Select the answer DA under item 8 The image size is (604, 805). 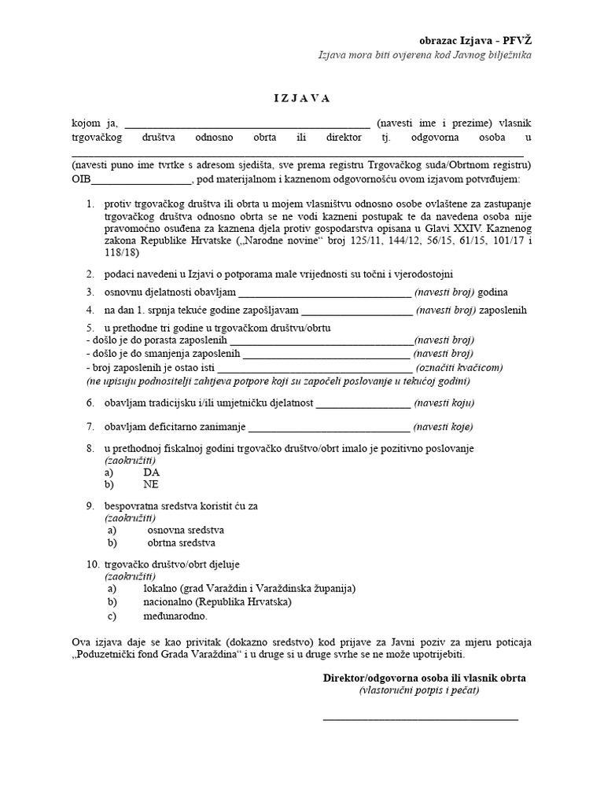tap(151, 472)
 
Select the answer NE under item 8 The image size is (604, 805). tap(151, 485)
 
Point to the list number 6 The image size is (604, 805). tap(90, 403)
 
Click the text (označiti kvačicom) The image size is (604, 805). tap(459, 367)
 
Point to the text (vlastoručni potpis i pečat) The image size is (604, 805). tap(419, 691)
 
